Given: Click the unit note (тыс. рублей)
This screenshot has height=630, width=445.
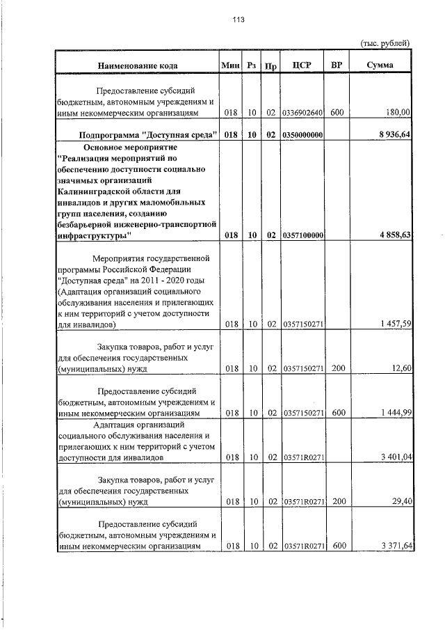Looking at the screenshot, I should [385, 43].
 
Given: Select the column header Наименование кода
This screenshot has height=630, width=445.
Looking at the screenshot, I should [138, 65].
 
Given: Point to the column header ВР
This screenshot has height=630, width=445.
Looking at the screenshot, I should [337, 65].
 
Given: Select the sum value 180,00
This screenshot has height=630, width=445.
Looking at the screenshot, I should [398, 111].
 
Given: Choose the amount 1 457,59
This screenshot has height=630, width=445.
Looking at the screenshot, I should [395, 324].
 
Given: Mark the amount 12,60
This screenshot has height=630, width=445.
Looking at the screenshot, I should [401, 368].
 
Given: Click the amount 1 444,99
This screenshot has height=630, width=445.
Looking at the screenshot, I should [395, 413].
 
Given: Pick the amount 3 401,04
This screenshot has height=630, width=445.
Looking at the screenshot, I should [395, 457].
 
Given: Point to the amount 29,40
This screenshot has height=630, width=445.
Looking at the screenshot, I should [401, 502].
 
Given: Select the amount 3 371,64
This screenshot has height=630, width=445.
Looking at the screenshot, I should [395, 546].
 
